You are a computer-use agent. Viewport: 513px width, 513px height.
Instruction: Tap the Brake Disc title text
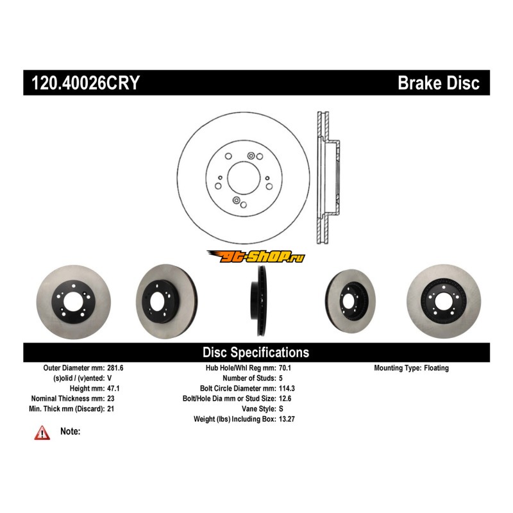point(439,83)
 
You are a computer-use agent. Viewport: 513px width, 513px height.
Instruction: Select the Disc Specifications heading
point(256,352)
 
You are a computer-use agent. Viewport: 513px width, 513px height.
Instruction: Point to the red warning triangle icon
point(42,433)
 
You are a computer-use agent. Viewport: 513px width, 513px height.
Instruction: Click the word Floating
point(436,368)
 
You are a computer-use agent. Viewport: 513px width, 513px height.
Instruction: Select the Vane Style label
point(257,408)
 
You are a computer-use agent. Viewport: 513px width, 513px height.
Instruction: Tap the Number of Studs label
point(246,378)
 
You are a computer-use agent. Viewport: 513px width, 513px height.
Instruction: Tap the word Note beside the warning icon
point(70,432)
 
